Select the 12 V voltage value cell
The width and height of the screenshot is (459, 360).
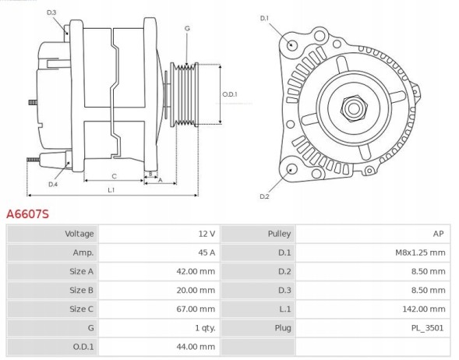click(x=207, y=233)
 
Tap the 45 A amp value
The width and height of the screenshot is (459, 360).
click(x=206, y=252)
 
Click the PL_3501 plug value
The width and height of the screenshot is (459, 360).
click(x=429, y=328)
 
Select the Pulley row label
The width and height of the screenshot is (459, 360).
click(x=279, y=233)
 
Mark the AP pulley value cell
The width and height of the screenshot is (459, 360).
click(x=439, y=233)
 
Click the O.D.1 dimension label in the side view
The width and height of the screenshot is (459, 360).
click(x=229, y=94)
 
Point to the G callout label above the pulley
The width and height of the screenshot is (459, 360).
click(x=187, y=29)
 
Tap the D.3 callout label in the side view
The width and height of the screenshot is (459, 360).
click(x=51, y=13)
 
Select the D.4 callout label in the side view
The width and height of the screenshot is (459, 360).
click(x=52, y=185)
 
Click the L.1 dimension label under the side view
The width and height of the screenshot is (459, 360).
click(x=111, y=189)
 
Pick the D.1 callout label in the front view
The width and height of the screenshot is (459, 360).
click(x=263, y=18)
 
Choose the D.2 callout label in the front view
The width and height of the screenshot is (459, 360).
click(x=264, y=196)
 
